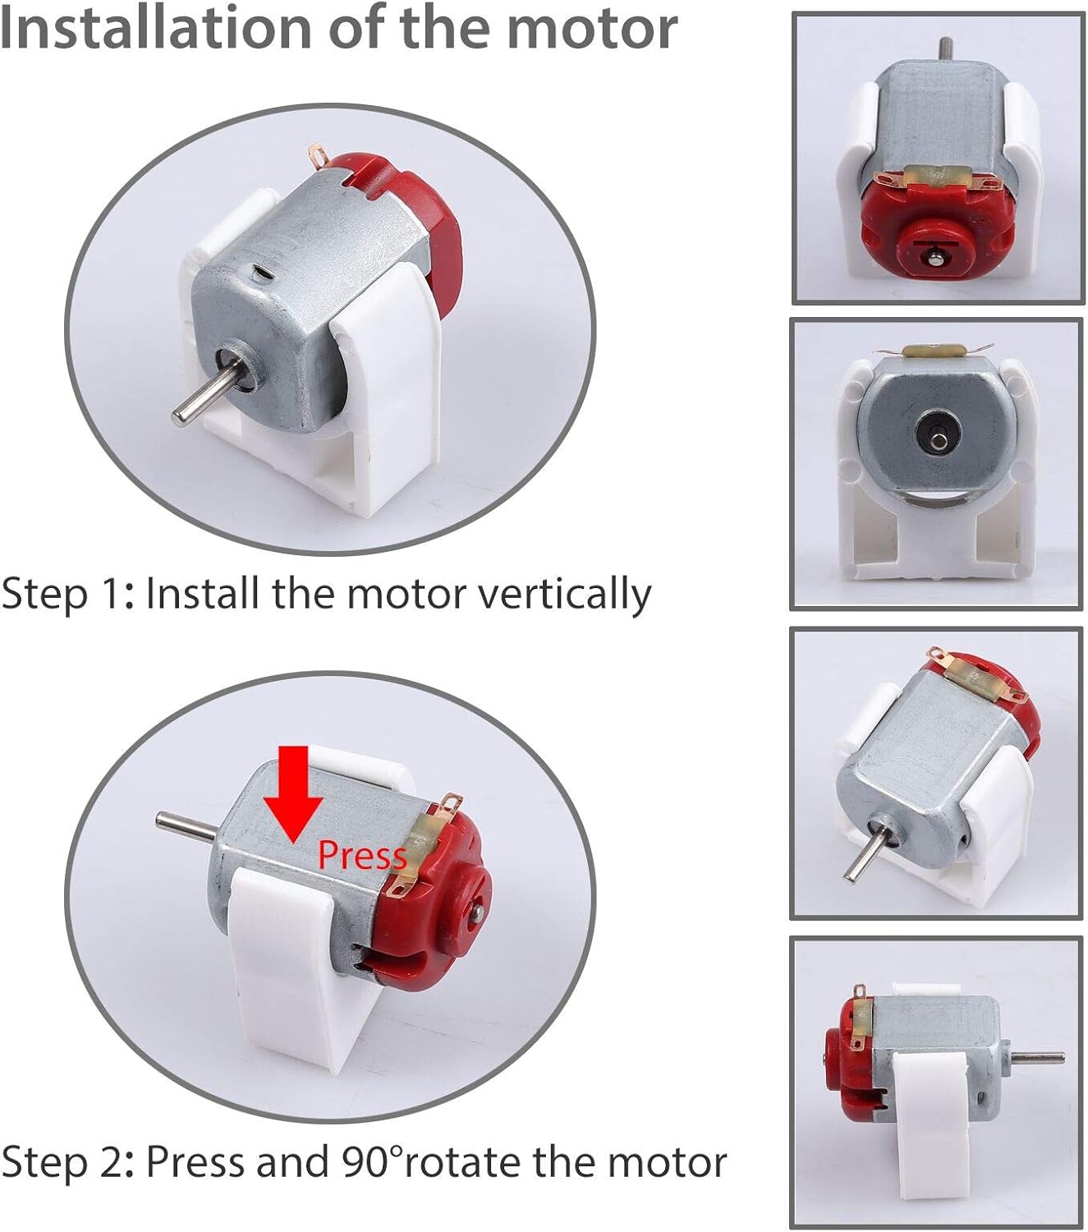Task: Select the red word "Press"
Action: click(361, 856)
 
